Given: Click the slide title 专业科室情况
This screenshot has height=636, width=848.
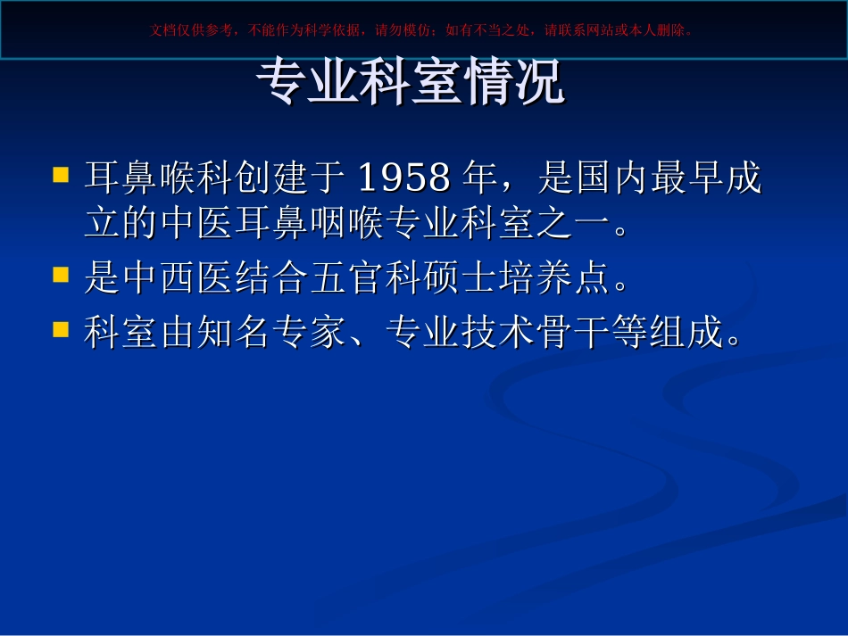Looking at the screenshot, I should click(x=411, y=84).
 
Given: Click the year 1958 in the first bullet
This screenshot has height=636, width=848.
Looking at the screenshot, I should click(x=403, y=178).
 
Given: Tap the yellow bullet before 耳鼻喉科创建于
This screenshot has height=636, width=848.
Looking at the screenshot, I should click(x=61, y=173).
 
